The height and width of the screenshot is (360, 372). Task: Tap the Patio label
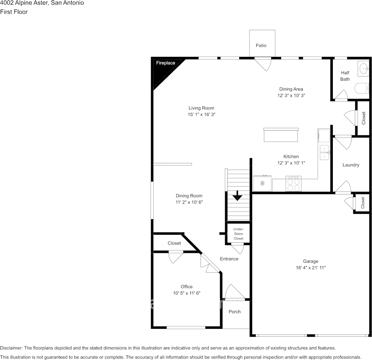point(261,45)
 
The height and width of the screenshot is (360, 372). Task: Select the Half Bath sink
point(363,68)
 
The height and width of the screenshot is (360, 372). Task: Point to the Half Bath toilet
point(362,88)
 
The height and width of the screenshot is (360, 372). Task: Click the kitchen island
point(281,135)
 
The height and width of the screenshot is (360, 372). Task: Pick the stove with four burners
point(294,183)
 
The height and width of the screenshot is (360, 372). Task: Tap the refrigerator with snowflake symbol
point(262,183)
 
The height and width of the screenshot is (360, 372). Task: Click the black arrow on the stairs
point(237,196)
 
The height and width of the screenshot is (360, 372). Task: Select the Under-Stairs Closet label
point(238,234)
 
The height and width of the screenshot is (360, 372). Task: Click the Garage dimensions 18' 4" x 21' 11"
point(310,268)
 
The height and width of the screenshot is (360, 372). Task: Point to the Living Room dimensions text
point(202,115)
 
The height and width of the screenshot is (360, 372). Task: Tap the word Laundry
point(351,165)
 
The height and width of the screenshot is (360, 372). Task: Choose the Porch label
point(234,312)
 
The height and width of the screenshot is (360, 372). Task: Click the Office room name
point(186,287)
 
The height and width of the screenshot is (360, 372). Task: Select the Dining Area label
point(291,89)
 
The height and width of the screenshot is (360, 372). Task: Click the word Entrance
point(229,259)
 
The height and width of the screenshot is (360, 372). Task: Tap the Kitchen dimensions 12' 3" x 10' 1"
point(291,163)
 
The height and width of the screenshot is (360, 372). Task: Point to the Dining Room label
point(189,196)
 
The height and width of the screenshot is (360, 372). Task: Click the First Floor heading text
point(14,12)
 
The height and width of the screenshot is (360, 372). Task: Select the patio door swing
point(263,64)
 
